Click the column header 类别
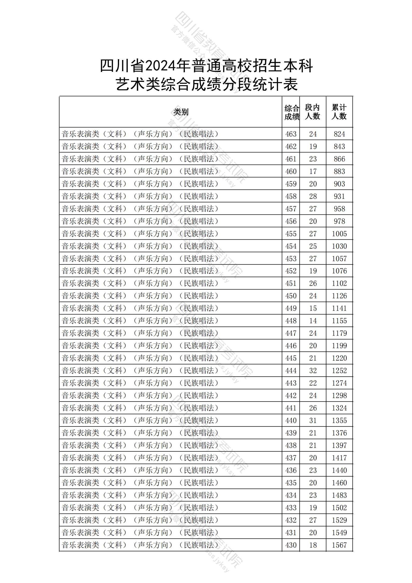[181, 112]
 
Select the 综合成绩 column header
[292, 112]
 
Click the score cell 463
[291, 134]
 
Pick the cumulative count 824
[339, 134]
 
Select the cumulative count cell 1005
[339, 234]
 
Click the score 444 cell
[291, 371]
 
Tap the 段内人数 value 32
[313, 371]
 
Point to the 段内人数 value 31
[313, 420]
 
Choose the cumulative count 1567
[339, 545]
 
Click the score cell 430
[291, 545]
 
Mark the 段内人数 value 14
[313, 321]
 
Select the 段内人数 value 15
[313, 308]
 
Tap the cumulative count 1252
[339, 371]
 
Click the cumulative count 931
[339, 196]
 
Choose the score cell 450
[291, 296]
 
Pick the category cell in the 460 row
[140, 171]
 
